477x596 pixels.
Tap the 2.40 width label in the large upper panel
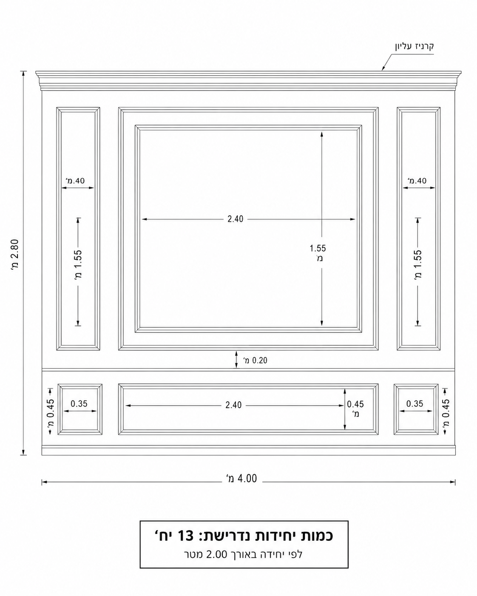pyautogui.click(x=236, y=219)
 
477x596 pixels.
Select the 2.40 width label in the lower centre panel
pyautogui.click(x=233, y=405)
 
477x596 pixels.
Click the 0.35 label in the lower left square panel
pyautogui.click(x=79, y=404)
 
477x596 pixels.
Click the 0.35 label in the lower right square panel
pyautogui.click(x=415, y=404)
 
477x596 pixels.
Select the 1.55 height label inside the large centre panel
pyautogui.click(x=318, y=248)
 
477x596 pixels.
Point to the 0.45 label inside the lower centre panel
pyautogui.click(x=355, y=404)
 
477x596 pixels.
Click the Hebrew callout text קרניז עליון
pyautogui.click(x=415, y=46)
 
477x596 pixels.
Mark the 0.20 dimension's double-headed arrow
pyautogui.click(x=236, y=360)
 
